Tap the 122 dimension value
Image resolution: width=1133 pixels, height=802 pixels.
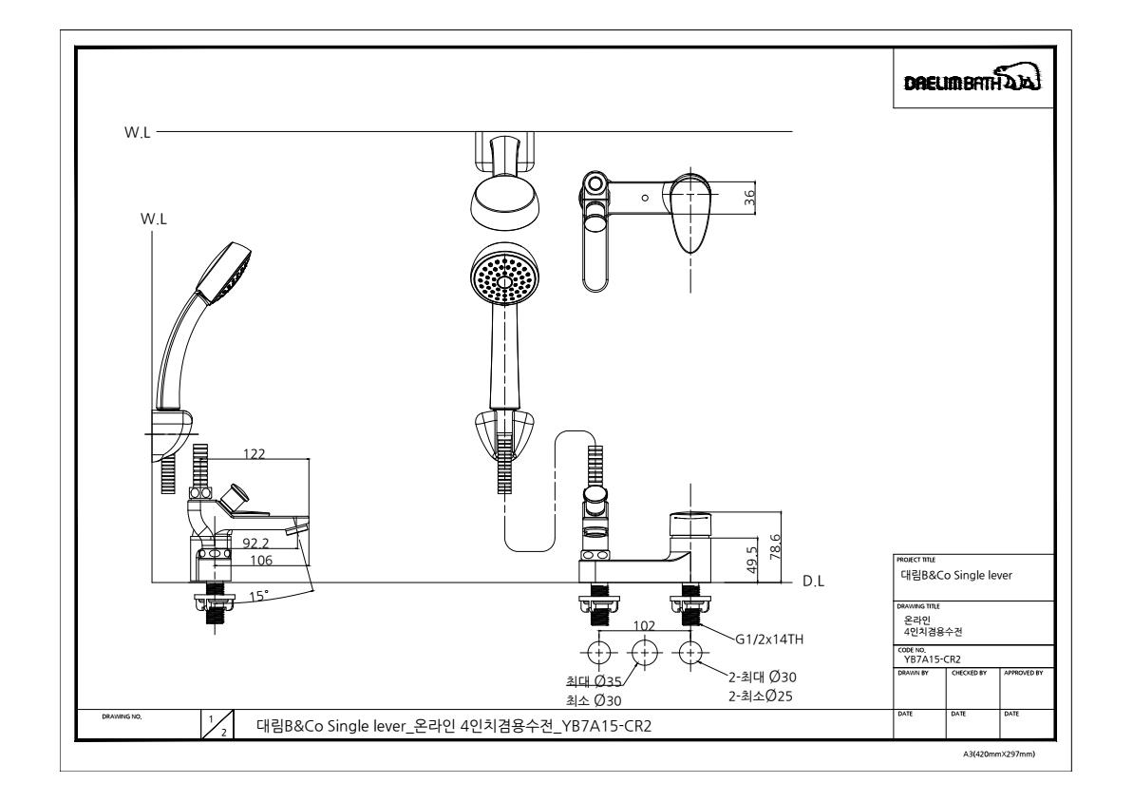tap(254, 454)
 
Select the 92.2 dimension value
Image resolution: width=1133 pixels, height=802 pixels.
tap(255, 544)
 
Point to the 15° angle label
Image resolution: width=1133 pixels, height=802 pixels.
tap(258, 596)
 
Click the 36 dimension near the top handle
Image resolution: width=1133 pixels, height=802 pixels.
tap(749, 198)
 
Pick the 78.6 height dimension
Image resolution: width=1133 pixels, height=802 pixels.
tap(775, 547)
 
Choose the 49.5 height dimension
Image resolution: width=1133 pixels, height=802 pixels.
tap(751, 561)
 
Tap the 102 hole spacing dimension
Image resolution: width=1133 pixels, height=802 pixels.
tap(644, 625)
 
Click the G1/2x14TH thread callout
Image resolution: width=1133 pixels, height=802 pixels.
tap(769, 640)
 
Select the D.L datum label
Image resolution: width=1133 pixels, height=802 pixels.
tap(813, 582)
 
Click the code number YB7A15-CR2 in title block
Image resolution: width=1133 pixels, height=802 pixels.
tap(933, 659)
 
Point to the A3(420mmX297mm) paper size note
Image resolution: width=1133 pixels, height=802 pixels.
tap(998, 754)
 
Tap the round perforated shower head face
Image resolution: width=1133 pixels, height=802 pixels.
tap(503, 276)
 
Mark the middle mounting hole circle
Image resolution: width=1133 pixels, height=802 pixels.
tap(645, 653)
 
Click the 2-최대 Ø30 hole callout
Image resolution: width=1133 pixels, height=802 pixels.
tap(763, 678)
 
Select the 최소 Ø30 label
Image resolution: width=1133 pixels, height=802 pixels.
tap(594, 700)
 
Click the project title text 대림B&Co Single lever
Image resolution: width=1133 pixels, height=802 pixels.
tap(956, 576)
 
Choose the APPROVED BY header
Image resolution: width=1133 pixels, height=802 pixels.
tap(1023, 674)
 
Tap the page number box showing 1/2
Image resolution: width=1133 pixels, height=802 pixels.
tap(217, 725)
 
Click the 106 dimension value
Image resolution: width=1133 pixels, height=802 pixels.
tap(261, 561)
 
